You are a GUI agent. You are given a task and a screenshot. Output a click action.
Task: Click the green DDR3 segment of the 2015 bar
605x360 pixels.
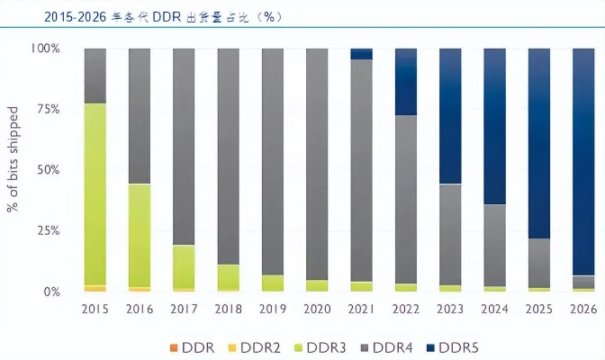(95, 193)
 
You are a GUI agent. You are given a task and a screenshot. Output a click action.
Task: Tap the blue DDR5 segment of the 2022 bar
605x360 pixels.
(406, 81)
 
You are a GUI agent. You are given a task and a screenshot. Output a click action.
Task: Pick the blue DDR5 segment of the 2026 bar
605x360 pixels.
(583, 161)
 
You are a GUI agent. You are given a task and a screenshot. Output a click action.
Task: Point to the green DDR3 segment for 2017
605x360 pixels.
(184, 266)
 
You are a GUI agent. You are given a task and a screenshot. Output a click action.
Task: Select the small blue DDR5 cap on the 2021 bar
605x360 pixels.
(361, 53)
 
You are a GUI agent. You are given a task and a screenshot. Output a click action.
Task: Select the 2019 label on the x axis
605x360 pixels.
(273, 309)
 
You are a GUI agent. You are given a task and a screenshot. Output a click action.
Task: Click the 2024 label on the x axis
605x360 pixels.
(494, 309)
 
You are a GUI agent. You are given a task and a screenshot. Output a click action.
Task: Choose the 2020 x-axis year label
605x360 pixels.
(317, 309)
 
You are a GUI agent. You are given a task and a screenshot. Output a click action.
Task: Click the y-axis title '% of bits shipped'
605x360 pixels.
(14, 170)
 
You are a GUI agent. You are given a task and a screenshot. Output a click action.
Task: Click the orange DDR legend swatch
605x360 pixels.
(173, 347)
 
